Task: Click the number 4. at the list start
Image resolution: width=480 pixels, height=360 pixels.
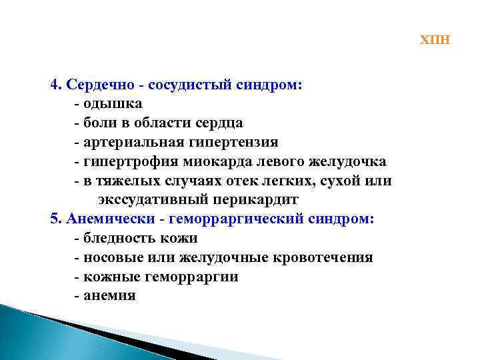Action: click(55, 85)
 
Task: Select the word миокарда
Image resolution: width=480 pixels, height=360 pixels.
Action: click(211, 162)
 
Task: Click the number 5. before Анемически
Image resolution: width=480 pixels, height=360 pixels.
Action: click(55, 219)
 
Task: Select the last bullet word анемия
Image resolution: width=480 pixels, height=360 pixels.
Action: click(109, 295)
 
